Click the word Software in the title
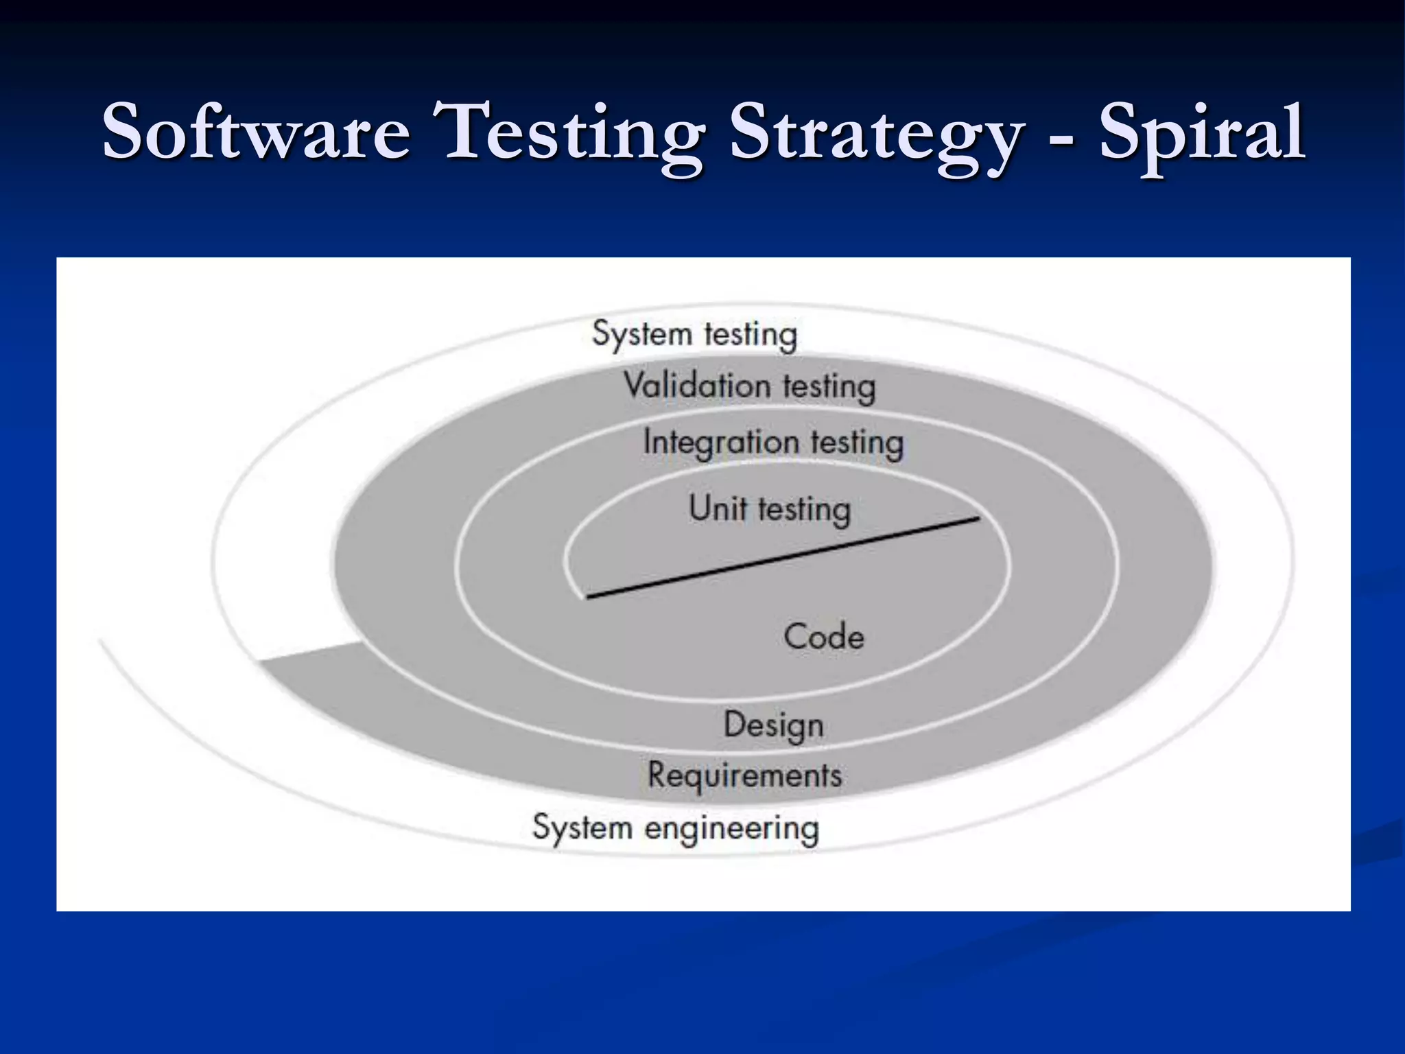(256, 131)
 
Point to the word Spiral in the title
(1202, 134)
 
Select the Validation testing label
(749, 386)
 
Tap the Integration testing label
(773, 443)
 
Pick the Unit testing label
(770, 510)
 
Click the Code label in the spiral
(823, 637)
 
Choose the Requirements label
(744, 776)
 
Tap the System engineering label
(676, 828)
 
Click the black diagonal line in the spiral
(782, 558)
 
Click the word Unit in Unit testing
(718, 508)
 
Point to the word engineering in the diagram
(731, 830)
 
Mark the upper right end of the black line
(978, 519)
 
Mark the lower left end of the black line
(588, 597)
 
